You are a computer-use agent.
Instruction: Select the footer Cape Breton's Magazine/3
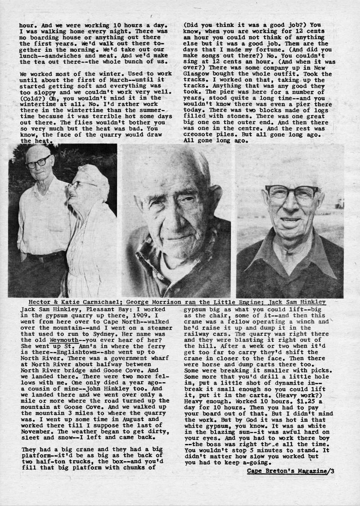click(x=290, y=471)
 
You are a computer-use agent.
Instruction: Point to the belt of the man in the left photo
click(x=45, y=258)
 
